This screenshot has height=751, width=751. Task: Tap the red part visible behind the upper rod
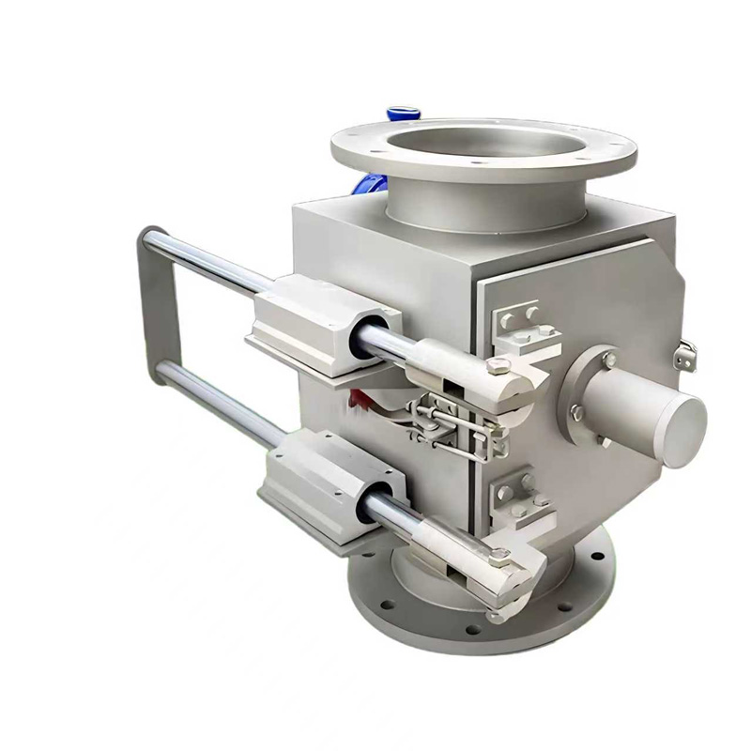point(354,400)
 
